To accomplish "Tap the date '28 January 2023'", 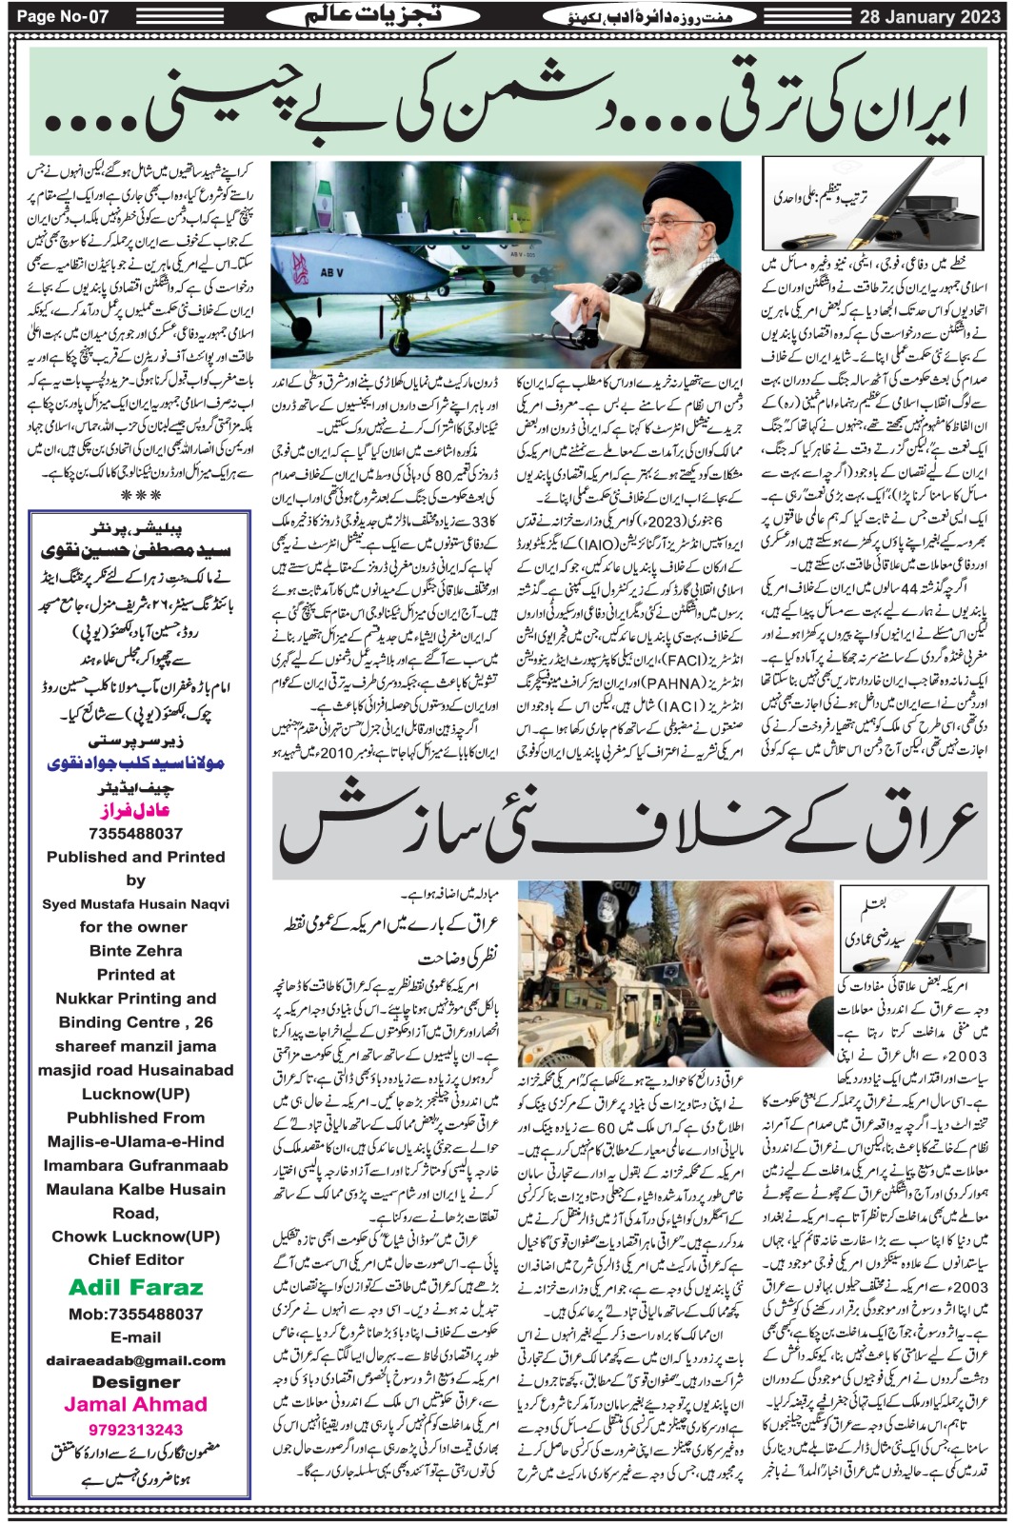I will click(x=930, y=16).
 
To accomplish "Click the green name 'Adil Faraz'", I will click(x=135, y=1288).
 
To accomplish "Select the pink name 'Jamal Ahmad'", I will click(x=135, y=1404).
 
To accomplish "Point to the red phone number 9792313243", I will click(x=135, y=1429).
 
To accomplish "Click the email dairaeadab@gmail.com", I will click(x=135, y=1360).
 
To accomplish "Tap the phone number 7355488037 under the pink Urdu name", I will click(x=135, y=833).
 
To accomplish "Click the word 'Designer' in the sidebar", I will click(x=135, y=1381).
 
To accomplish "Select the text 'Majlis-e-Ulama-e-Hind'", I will click(x=135, y=1141).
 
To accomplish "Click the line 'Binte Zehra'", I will click(x=135, y=950).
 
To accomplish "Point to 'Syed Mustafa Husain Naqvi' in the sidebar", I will click(x=135, y=903).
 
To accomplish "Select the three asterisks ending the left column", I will click(x=141, y=496).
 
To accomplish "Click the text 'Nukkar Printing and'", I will click(x=135, y=999).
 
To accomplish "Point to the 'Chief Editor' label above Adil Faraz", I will click(x=135, y=1259).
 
